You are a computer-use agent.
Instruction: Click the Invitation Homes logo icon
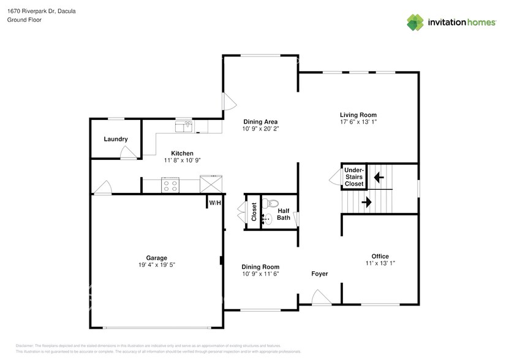(416, 22)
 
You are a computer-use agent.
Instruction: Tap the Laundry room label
(116, 139)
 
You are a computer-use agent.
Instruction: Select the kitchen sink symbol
(184, 126)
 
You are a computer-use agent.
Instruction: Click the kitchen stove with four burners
(170, 185)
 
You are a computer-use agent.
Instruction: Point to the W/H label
(214, 203)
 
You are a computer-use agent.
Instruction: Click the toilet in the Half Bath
(271, 203)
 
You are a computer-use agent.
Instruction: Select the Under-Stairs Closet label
(354, 177)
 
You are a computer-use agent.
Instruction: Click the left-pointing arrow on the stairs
(379, 178)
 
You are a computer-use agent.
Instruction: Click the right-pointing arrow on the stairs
(366, 201)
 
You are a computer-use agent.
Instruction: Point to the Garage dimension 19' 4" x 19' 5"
(157, 266)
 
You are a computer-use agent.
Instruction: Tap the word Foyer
(319, 274)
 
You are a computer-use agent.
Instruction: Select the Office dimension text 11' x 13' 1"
(380, 264)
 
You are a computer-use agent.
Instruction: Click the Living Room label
(358, 114)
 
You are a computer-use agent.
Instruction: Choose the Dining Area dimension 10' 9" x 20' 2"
(260, 129)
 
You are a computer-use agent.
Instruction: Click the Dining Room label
(260, 267)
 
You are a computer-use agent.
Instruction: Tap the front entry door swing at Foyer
(320, 297)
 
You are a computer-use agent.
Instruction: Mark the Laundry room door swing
(128, 153)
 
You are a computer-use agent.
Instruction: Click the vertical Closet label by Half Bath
(254, 212)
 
